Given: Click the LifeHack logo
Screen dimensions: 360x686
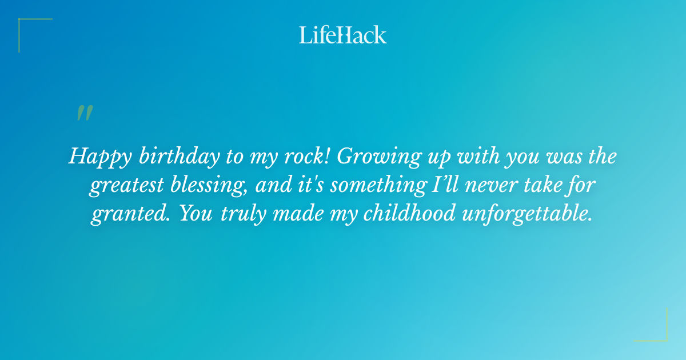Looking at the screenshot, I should point(343,35).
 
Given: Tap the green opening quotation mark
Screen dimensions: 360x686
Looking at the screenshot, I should point(85,113).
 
